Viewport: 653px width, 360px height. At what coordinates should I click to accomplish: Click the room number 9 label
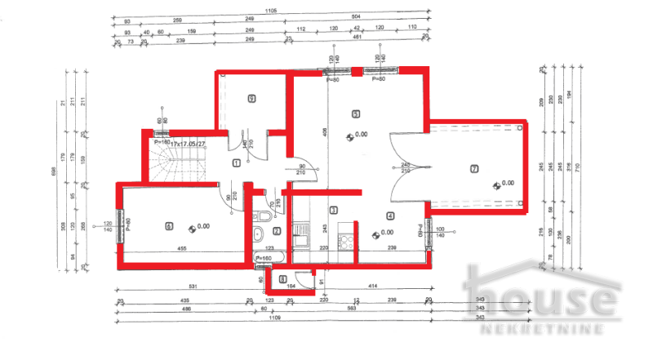[251, 99]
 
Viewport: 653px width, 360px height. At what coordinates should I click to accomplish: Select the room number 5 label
[355, 114]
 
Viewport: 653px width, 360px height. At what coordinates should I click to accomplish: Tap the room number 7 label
[473, 169]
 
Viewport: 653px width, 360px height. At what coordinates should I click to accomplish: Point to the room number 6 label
[169, 225]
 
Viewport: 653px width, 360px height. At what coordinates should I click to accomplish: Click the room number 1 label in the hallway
[236, 162]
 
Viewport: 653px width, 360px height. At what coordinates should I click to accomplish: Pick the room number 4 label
[390, 216]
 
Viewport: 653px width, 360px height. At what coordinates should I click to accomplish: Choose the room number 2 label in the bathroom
[277, 231]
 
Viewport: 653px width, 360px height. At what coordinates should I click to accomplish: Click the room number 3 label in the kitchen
[333, 211]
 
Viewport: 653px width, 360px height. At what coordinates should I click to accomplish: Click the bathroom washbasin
[258, 237]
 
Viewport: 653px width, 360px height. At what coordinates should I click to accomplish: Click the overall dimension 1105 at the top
[269, 11]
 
